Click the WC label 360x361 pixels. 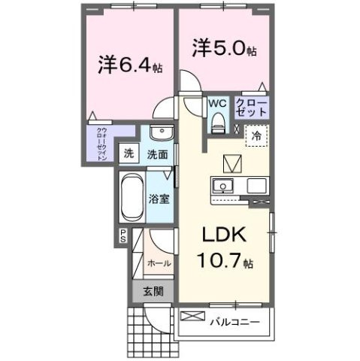click(x=216, y=103)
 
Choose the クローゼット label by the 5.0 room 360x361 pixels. click(x=250, y=106)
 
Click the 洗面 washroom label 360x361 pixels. click(x=157, y=153)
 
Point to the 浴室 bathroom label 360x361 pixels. click(x=158, y=201)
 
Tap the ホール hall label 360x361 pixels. click(x=159, y=263)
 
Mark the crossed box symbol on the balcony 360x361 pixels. click(x=192, y=315)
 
